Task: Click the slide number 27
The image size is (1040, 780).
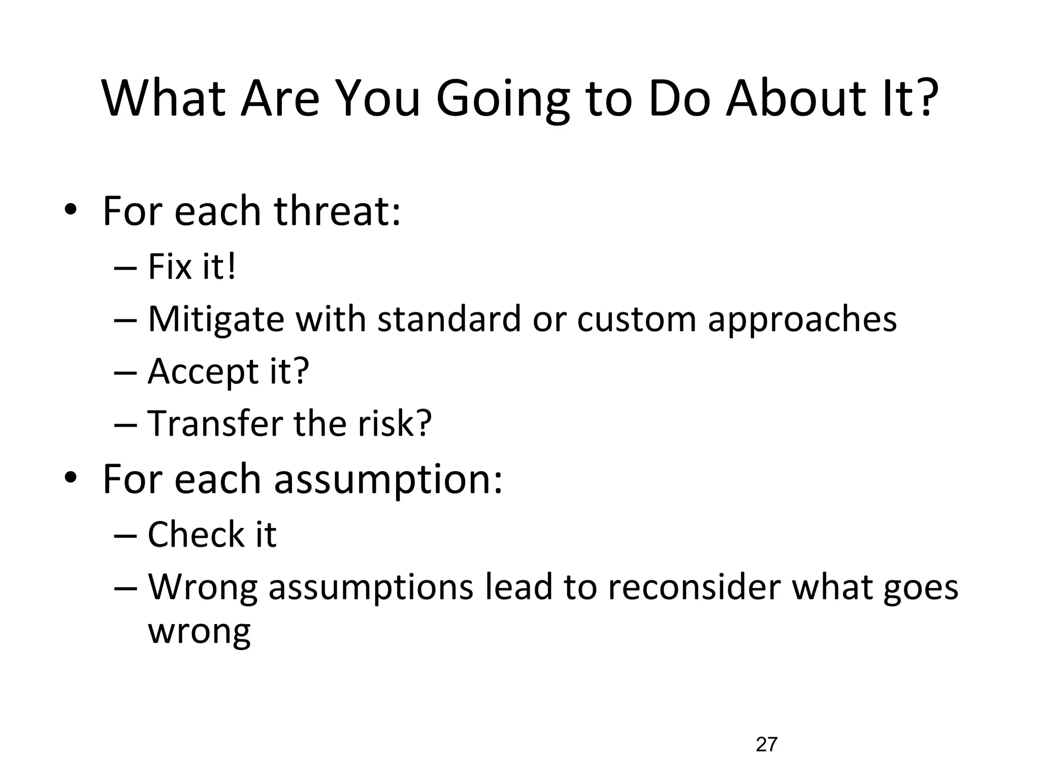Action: coord(766,744)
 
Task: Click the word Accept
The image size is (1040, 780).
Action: coord(203,373)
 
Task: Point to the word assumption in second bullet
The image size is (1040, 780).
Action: coord(388,480)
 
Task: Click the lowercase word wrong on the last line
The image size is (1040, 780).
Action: coord(199,632)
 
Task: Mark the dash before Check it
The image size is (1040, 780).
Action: coord(125,535)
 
